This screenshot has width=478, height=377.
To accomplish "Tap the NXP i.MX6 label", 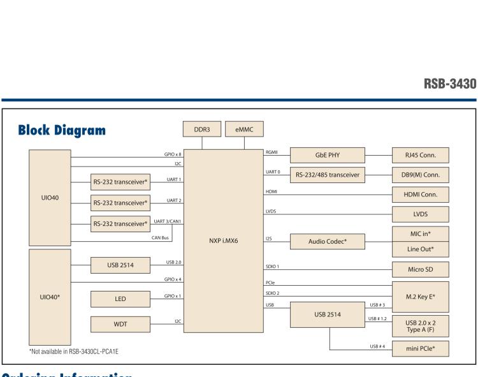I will [223, 242].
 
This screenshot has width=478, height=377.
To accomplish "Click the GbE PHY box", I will [327, 155].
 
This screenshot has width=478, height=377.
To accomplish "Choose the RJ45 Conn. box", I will [420, 155].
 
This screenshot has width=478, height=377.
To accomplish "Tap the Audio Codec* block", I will [327, 242].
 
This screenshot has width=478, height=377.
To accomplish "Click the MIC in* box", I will [420, 233].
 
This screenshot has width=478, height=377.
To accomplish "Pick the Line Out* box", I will [420, 249].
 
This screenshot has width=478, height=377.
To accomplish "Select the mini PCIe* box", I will [420, 349].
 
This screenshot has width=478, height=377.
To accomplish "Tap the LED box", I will [120, 299].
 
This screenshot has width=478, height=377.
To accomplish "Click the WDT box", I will [120, 325].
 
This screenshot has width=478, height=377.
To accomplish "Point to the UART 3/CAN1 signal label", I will [169, 221].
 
